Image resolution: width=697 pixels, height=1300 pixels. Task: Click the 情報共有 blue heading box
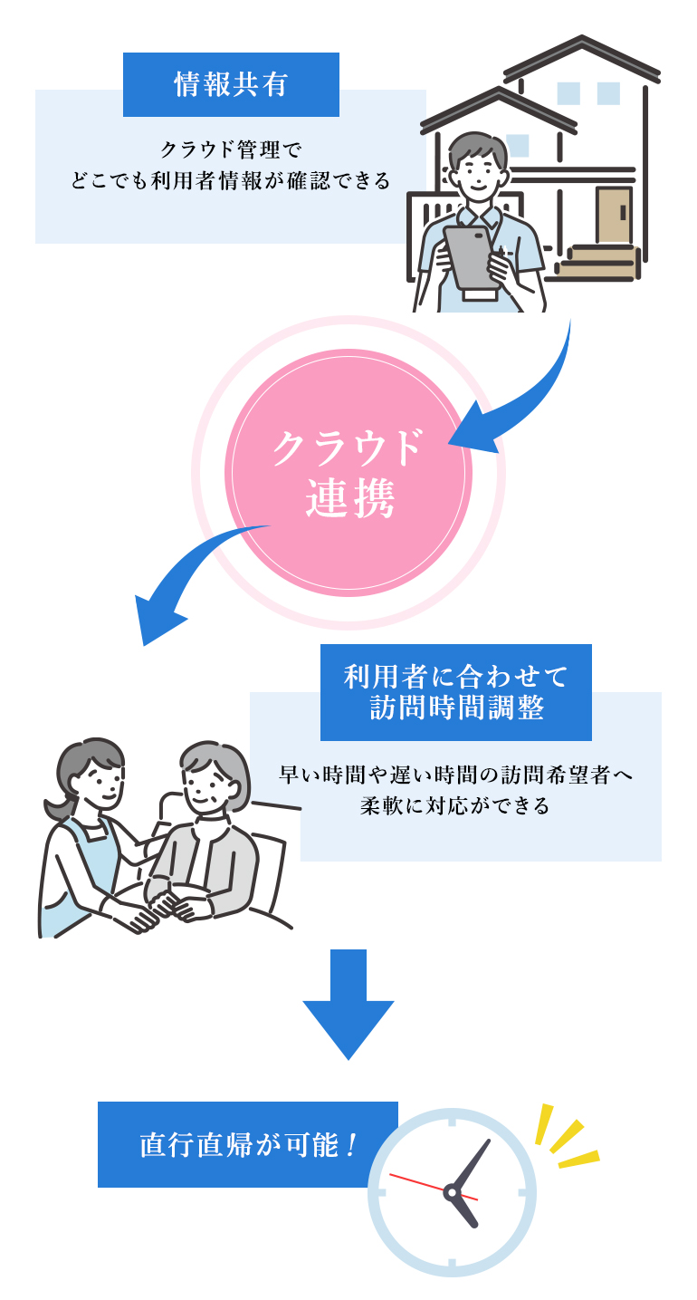point(231,84)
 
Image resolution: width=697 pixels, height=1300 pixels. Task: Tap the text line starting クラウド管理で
point(230,148)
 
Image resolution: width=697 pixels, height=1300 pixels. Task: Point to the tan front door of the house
point(613,215)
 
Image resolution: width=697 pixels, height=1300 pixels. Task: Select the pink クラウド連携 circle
point(348,472)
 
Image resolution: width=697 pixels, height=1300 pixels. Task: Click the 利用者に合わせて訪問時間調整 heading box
point(455,692)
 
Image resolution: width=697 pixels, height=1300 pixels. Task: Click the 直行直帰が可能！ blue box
point(248,1144)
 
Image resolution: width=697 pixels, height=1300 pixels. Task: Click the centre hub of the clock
point(451,1192)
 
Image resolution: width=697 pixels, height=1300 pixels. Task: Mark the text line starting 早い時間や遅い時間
point(455,775)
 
